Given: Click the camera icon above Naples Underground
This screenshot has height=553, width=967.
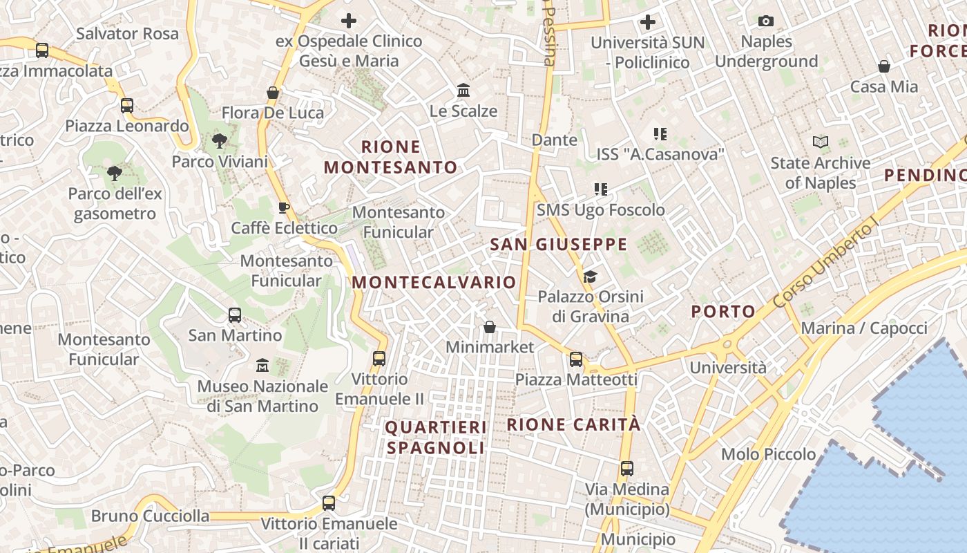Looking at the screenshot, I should (765, 21).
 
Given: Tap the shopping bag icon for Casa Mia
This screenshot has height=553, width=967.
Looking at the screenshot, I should (883, 66).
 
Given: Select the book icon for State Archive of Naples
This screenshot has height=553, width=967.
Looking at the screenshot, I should (821, 142).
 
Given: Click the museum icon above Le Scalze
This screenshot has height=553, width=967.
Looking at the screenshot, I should (463, 91).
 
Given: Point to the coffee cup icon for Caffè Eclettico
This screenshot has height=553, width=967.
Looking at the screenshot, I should (283, 207).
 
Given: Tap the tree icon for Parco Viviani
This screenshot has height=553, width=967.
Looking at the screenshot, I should (220, 142).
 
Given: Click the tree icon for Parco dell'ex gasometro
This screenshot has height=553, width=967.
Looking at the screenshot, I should (115, 174).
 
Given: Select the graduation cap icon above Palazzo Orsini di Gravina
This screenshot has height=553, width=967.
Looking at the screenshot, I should (590, 277).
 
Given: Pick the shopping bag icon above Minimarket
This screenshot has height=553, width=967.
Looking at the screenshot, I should (490, 327).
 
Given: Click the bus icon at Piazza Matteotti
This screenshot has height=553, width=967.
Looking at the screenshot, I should (576, 359).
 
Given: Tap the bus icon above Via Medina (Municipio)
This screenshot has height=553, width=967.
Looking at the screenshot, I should (627, 469).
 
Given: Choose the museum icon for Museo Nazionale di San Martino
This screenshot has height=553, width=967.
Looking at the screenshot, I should (262, 365).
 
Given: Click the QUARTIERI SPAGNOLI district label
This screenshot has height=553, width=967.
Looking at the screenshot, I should (436, 438).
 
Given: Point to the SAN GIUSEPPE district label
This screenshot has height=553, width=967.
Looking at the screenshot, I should (558, 244).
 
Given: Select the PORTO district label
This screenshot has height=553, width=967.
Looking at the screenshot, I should (723, 311).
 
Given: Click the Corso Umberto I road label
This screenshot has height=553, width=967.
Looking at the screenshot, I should (826, 263).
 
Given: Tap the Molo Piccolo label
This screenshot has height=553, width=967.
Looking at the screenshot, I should (768, 454).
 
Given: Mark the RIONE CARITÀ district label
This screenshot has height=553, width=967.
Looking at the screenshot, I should (574, 424).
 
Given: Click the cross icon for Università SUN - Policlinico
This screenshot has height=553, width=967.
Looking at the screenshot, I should (647, 22).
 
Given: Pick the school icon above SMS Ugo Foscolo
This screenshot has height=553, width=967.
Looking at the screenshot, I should (600, 189).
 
